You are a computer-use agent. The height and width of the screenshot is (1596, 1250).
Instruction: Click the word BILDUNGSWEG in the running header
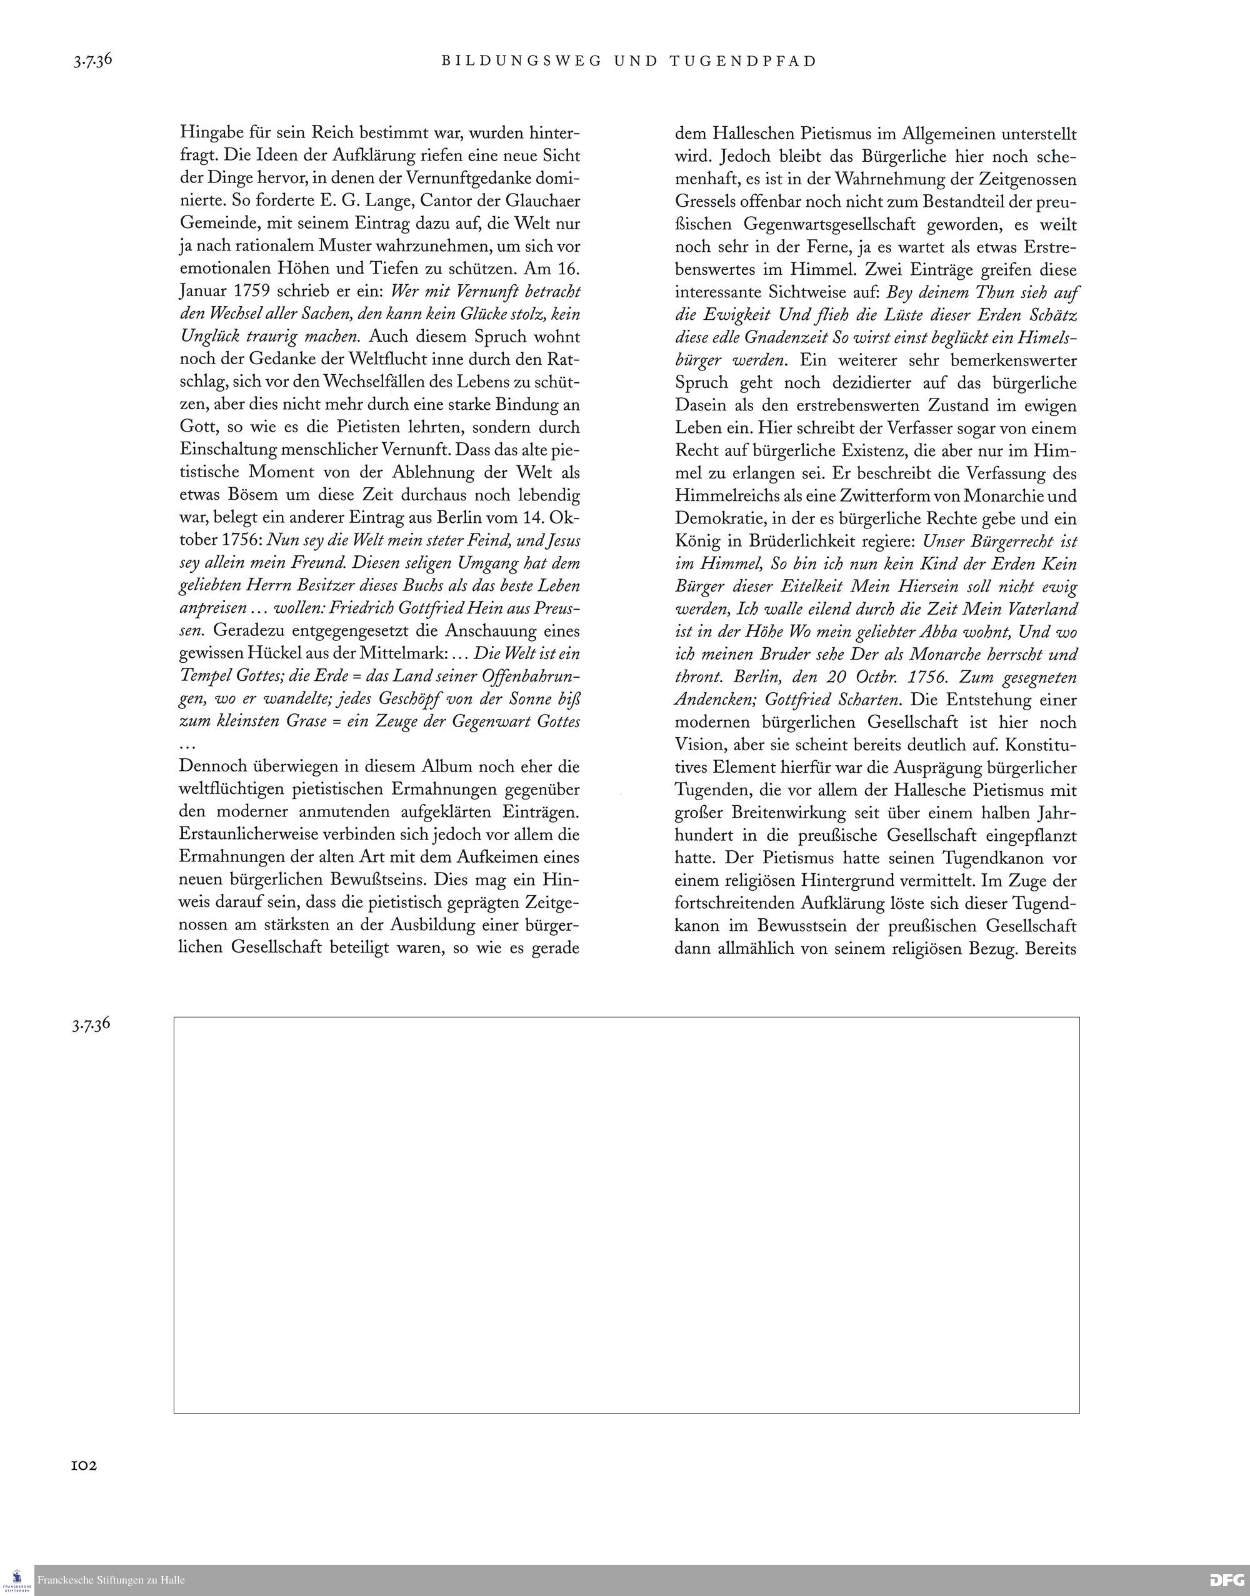pyautogui.click(x=522, y=61)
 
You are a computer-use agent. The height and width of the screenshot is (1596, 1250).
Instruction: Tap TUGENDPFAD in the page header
pyautogui.click(x=742, y=61)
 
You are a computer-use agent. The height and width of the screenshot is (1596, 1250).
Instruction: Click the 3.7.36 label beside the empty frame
pyautogui.click(x=91, y=1024)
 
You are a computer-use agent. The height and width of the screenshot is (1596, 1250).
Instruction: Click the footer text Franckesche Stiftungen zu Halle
pyautogui.click(x=111, y=1580)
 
